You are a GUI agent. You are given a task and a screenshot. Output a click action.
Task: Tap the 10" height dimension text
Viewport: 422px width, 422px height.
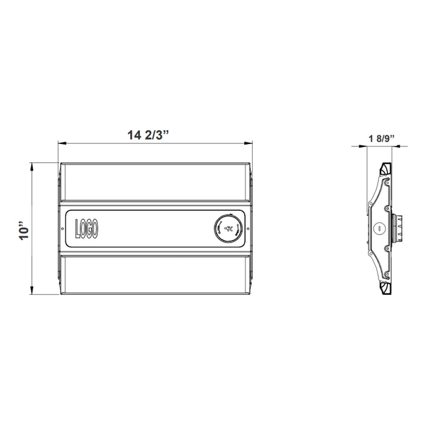tap(23, 228)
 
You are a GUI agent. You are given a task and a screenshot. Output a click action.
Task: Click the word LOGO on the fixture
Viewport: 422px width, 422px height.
tap(87, 229)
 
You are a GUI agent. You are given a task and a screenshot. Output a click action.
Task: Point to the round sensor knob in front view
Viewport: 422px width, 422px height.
tap(229, 228)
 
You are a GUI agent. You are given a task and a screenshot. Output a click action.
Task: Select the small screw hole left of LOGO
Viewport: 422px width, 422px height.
tap(64, 229)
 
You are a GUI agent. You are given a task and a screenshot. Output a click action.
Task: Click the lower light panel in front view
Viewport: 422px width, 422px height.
tap(155, 275)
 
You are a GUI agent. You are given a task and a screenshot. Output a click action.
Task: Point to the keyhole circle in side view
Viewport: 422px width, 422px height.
tap(379, 228)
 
